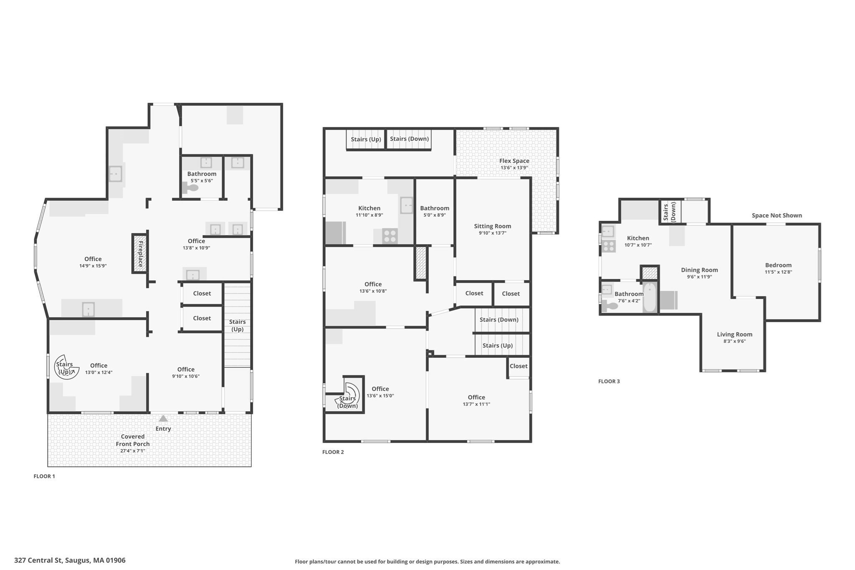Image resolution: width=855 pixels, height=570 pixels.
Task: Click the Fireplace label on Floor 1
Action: pyautogui.click(x=141, y=254)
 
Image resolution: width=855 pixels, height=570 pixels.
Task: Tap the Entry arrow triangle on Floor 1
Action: pyautogui.click(x=163, y=418)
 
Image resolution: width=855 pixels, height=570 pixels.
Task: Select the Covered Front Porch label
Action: pyautogui.click(x=133, y=440)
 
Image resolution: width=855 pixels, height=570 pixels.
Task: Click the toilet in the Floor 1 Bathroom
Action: pyautogui.click(x=191, y=188)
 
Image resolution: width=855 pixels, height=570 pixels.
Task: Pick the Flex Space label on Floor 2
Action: pyautogui.click(x=514, y=161)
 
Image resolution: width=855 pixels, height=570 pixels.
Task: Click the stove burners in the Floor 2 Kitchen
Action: pyautogui.click(x=390, y=236)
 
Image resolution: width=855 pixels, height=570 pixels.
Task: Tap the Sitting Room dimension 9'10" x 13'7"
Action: pyautogui.click(x=492, y=233)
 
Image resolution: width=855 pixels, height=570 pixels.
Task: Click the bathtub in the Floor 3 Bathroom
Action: pyautogui.click(x=649, y=297)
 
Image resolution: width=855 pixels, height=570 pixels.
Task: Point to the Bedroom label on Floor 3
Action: pyautogui.click(x=778, y=265)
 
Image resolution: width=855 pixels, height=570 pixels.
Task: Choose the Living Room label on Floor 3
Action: pyautogui.click(x=734, y=334)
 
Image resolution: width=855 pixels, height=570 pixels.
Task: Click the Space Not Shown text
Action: pyautogui.click(x=777, y=215)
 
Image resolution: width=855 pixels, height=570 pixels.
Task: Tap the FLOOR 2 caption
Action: pyautogui.click(x=333, y=452)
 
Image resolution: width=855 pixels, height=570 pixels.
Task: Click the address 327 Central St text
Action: pyautogui.click(x=70, y=560)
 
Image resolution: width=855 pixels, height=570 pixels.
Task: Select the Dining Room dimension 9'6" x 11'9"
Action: pyautogui.click(x=699, y=277)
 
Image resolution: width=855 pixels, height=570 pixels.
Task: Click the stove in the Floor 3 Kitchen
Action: pyautogui.click(x=609, y=246)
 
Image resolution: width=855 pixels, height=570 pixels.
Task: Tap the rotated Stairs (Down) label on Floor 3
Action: pyautogui.click(x=670, y=212)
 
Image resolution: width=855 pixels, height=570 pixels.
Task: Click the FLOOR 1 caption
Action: pyautogui.click(x=44, y=476)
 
